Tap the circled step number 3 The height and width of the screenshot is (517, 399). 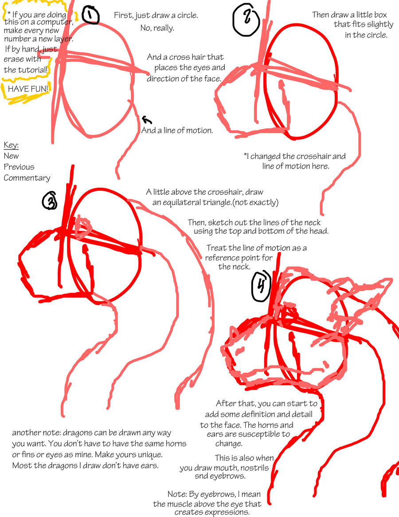pos(50,201)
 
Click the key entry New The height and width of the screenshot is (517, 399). pos(12,156)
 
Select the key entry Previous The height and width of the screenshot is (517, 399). pos(19,167)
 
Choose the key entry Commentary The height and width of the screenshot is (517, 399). pos(27,178)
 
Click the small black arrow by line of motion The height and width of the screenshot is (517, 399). pos(147,119)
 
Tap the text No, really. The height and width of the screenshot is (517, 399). pos(157,28)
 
